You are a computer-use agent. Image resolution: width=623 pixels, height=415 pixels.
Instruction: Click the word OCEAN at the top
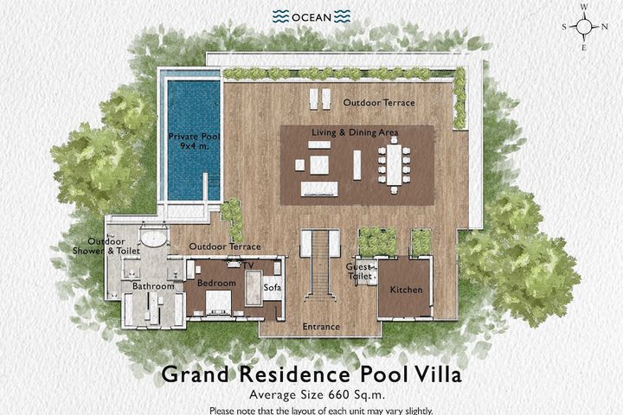311,17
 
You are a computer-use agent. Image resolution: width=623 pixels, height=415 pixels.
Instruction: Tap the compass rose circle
584,27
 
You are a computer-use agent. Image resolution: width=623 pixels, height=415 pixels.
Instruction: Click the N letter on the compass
604,27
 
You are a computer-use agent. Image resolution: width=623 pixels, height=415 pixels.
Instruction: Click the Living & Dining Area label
355,132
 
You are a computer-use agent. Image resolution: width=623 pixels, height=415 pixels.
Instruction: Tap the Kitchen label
406,290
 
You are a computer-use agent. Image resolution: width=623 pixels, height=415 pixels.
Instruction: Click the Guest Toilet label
360,271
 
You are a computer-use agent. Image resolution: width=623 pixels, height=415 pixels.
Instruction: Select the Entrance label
321,327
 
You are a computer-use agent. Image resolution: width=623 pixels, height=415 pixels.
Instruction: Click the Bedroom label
216,284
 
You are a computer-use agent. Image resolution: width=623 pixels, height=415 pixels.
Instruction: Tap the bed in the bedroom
218,303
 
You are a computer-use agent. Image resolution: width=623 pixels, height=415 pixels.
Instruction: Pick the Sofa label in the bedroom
273,287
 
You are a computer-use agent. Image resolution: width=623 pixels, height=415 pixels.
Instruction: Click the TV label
248,265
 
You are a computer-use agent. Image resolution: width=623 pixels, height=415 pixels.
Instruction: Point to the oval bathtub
154,239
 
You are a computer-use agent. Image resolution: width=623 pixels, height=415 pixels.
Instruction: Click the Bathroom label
153,286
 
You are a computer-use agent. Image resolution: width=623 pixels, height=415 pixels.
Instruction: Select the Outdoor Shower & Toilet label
106,246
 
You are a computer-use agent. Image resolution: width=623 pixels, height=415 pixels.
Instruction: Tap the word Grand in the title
195,374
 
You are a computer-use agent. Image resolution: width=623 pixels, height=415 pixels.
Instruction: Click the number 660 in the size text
338,395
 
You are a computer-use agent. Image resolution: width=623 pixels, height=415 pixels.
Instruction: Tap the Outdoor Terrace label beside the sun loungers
379,103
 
